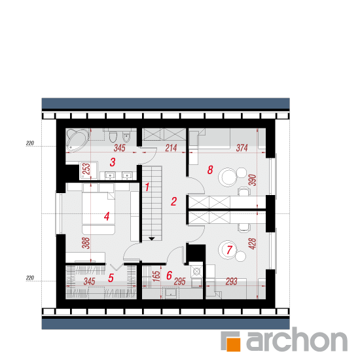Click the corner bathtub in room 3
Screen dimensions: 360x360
point(77,140)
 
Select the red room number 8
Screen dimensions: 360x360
point(210,170)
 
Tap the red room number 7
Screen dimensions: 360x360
point(229,250)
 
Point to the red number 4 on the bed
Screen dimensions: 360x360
point(107,216)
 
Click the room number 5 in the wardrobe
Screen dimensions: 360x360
point(111,278)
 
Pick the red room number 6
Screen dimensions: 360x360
point(170,276)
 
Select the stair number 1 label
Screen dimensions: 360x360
point(147,187)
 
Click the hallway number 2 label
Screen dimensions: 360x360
point(174,202)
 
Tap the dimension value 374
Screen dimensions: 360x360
point(242,148)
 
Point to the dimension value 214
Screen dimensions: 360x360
point(171,148)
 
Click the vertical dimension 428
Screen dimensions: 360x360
point(252,244)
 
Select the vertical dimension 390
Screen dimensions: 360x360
point(252,180)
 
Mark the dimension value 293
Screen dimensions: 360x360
point(232,281)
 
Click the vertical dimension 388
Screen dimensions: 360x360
point(86,243)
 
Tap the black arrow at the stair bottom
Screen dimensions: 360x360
point(152,239)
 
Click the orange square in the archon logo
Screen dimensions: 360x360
point(232,344)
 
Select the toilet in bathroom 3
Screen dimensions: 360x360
point(113,137)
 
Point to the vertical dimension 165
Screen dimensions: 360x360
point(156,276)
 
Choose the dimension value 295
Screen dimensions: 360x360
point(180,281)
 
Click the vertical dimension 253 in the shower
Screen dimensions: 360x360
point(87,169)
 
